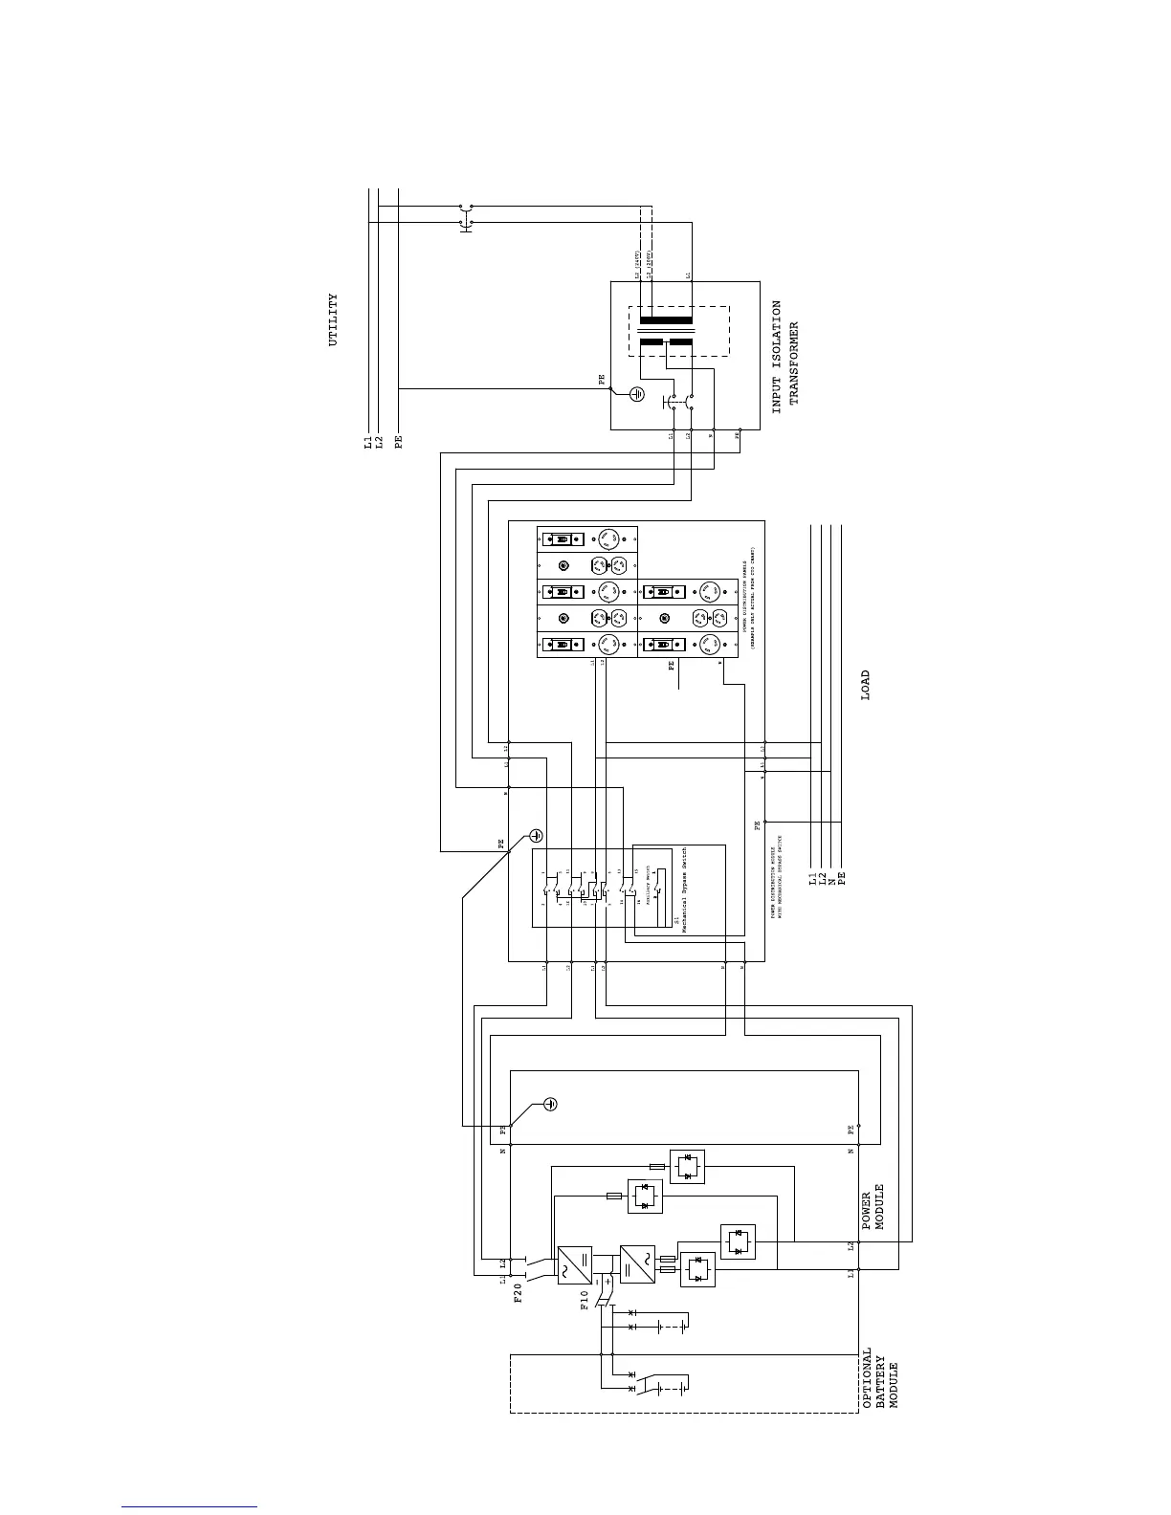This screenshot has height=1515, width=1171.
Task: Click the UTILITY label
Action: (333, 320)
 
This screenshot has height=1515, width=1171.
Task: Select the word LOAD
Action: (866, 685)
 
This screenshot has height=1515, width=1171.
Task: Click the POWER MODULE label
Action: (873, 1210)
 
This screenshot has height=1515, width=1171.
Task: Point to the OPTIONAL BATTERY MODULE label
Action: (880, 1378)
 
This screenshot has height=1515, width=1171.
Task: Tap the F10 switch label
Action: (585, 1302)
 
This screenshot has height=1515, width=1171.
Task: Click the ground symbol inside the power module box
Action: (550, 1104)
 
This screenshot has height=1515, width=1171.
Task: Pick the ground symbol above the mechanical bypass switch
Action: (537, 835)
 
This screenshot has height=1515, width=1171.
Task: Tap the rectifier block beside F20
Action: (574, 1263)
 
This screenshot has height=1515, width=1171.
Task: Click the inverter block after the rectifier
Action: (636, 1263)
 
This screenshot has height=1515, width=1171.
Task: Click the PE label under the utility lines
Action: (399, 442)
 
